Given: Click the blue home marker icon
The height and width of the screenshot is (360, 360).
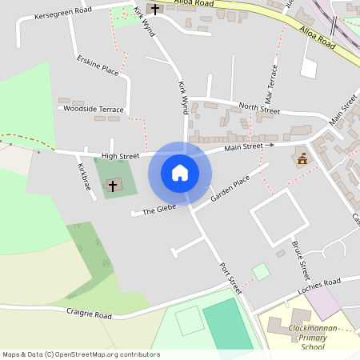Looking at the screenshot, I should click(179, 173).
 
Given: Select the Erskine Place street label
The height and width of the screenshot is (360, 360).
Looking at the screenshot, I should click(98, 66).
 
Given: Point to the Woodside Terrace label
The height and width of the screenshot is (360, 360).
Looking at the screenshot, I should click(94, 109).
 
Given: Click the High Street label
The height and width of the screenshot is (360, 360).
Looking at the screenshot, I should click(120, 155).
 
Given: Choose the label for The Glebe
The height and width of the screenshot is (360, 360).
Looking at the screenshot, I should click(158, 210).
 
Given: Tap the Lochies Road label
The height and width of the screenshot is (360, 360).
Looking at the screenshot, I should click(318, 286).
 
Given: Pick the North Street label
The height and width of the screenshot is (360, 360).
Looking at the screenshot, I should click(258, 108).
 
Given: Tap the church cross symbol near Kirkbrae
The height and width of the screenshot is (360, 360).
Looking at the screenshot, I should click(113, 186).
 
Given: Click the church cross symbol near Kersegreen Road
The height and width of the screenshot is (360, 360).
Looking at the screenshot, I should click(154, 9).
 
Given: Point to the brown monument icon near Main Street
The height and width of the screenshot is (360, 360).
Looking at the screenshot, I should click(302, 159).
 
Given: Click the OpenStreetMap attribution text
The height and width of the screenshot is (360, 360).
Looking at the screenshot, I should click(81, 354).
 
